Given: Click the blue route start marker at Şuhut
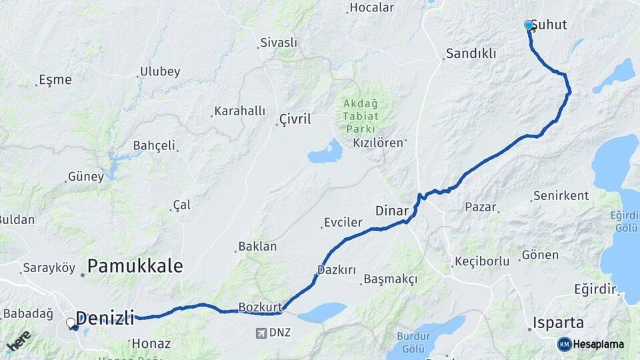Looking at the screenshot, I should [x=529, y=25].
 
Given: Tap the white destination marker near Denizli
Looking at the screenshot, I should [x=71, y=323].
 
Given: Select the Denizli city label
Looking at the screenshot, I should [x=105, y=317].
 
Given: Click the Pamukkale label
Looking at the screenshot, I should [x=135, y=266].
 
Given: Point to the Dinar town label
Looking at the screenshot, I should [x=391, y=211].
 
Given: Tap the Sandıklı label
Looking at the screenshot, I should [x=471, y=53].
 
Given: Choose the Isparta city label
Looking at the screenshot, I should [x=558, y=323].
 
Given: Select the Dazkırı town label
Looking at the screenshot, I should [x=337, y=270].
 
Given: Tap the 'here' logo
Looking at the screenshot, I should [x=18, y=340].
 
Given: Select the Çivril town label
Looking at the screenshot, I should [x=294, y=120].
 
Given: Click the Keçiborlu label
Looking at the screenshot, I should [x=481, y=261].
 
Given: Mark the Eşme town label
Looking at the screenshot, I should [x=55, y=79].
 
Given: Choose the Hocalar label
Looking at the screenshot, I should [x=372, y=8].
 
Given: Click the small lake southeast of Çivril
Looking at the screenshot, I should [x=325, y=153].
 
